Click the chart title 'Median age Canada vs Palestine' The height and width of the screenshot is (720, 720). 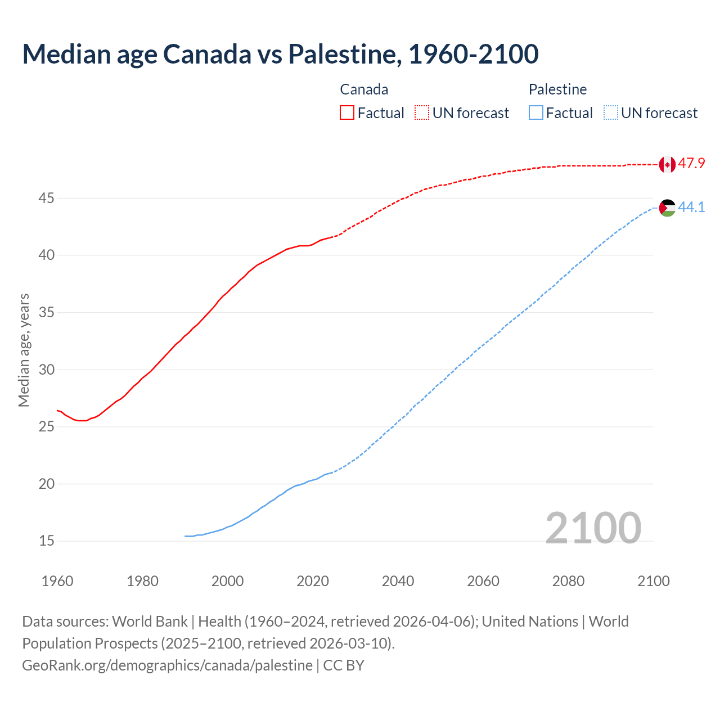click(x=280, y=54)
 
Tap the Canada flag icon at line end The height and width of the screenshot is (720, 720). click(x=667, y=164)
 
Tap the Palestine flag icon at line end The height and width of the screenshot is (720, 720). click(x=667, y=208)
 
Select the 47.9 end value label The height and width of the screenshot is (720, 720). click(x=691, y=164)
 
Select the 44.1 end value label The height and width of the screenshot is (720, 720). click(x=691, y=208)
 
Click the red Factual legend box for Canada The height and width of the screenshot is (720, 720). click(x=347, y=113)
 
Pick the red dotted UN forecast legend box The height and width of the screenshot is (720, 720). click(x=422, y=113)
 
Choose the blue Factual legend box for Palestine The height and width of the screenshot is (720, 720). click(x=536, y=113)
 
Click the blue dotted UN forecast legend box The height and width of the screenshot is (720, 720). click(x=611, y=113)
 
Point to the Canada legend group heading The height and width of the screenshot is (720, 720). click(x=364, y=89)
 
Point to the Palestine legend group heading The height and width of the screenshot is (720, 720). click(x=557, y=89)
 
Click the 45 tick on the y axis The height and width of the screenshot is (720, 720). click(x=46, y=199)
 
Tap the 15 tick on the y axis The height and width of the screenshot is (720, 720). click(x=46, y=541)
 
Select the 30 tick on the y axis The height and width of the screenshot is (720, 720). click(x=46, y=370)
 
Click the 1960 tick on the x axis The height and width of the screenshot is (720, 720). click(x=57, y=581)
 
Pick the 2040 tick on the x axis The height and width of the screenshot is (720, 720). click(x=398, y=581)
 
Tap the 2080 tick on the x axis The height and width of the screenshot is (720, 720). click(x=568, y=581)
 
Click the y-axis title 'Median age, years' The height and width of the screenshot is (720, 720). click(x=24, y=350)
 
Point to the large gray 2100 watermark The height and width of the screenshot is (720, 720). click(x=593, y=528)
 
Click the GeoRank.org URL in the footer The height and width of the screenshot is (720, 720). click(x=167, y=665)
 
